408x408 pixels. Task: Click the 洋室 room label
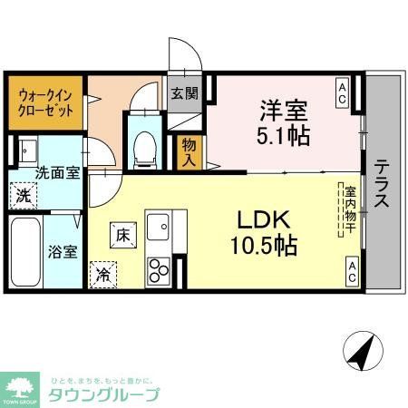[x=282, y=112]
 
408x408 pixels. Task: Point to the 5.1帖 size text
[x=282, y=136]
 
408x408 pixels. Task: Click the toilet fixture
[x=143, y=145]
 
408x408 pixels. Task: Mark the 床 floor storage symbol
[x=123, y=233]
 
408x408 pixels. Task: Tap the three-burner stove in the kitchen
[x=159, y=269]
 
